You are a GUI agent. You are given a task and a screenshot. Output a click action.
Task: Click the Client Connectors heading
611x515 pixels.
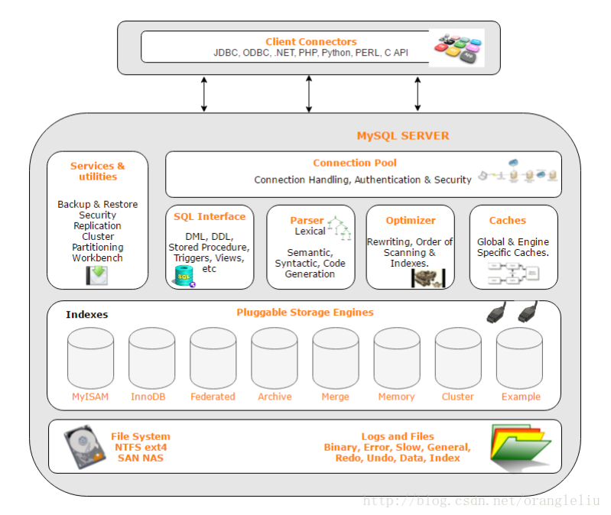(311, 41)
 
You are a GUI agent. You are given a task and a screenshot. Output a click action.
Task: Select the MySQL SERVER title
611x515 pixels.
(403, 136)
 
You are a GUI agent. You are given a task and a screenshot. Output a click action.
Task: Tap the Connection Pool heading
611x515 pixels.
(355, 163)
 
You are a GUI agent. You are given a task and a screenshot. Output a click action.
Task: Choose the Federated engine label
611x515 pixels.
(213, 397)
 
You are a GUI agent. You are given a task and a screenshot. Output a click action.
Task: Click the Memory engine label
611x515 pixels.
(396, 397)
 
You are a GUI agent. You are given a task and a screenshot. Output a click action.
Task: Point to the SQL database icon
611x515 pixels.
(184, 276)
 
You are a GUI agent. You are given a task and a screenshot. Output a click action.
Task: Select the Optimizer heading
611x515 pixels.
(411, 220)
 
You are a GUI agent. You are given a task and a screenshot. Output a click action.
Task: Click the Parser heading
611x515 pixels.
(307, 220)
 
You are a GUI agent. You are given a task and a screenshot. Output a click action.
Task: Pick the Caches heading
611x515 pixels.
(508, 220)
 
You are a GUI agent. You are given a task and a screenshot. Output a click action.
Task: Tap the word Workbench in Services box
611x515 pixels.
(97, 258)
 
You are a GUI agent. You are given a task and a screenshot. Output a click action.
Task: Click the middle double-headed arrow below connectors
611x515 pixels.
(309, 94)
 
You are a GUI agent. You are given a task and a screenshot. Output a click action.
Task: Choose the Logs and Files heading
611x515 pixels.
(397, 436)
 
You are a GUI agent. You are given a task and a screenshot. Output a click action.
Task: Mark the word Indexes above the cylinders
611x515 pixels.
(87, 314)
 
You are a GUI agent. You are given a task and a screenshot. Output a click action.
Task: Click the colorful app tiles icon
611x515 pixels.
(457, 47)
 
